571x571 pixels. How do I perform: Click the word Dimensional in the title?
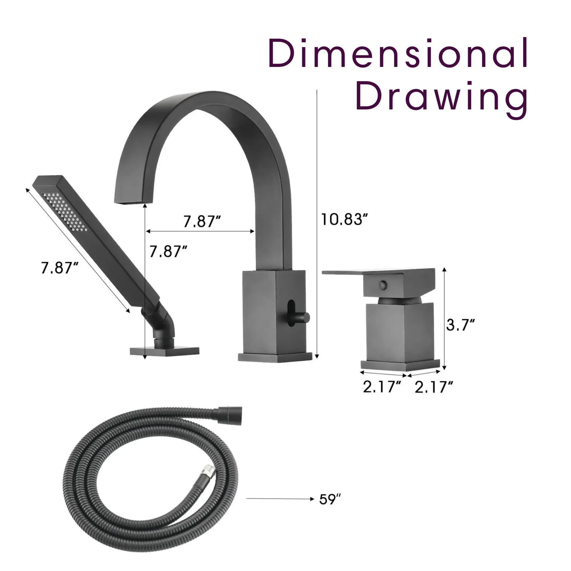398,53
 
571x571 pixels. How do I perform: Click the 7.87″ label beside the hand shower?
59,268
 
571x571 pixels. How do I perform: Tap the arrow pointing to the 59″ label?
280,498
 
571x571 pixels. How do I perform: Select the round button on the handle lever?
383,285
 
